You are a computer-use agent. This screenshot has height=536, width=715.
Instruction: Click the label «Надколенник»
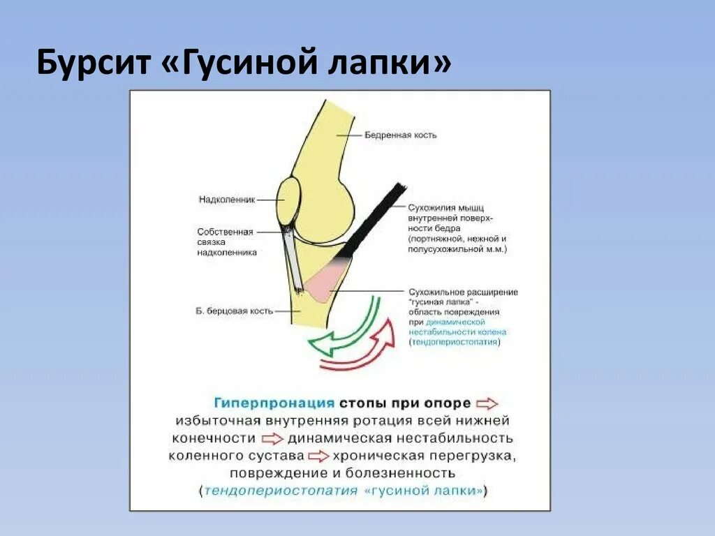[226, 199]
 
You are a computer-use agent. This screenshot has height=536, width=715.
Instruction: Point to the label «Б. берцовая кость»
[234, 311]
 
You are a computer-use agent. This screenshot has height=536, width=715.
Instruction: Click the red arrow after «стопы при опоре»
[487, 403]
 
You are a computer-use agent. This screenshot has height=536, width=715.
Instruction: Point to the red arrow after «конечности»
[272, 439]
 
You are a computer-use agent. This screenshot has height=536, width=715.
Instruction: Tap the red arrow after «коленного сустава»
[318, 456]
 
